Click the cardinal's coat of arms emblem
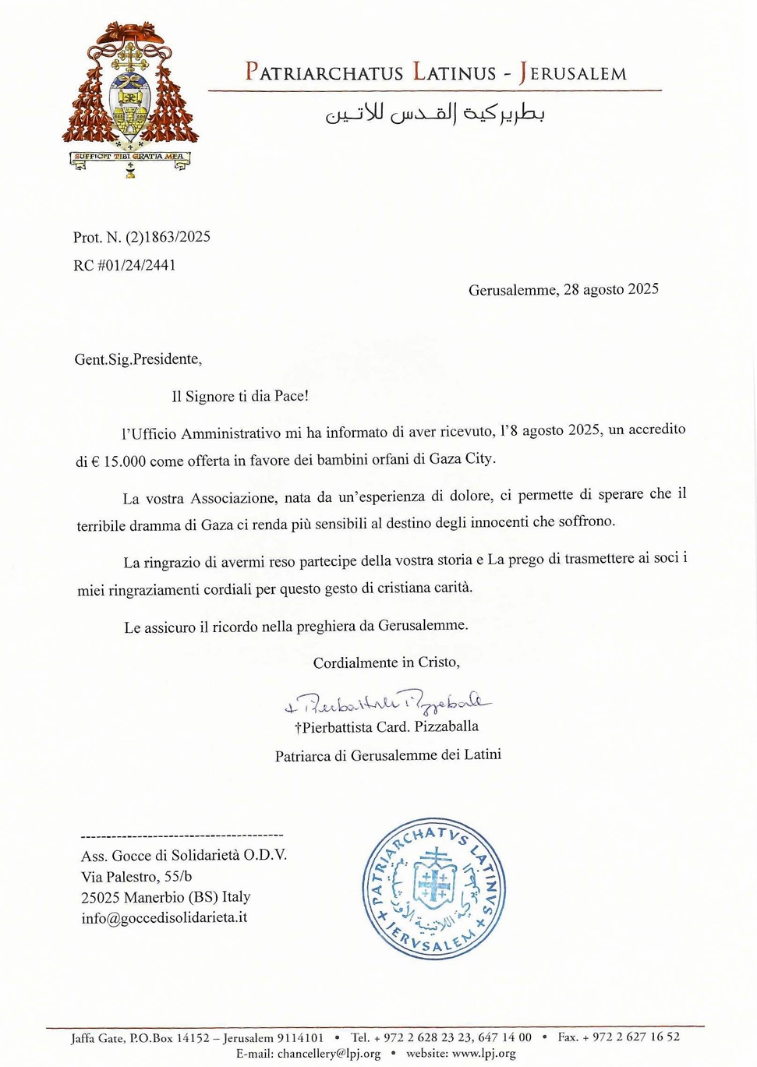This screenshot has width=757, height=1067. [x=130, y=97]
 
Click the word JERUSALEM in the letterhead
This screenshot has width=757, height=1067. [x=573, y=73]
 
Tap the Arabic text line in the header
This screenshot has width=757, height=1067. [x=434, y=114]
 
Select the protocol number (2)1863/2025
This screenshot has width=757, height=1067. [x=168, y=237]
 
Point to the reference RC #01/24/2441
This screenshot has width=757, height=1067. [x=125, y=265]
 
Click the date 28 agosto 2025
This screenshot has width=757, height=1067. [x=610, y=289]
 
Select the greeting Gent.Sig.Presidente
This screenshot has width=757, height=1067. [x=138, y=359]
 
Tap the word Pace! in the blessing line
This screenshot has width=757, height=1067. [x=291, y=396]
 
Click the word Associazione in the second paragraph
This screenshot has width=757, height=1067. [x=233, y=498]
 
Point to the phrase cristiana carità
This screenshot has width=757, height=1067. [x=425, y=588]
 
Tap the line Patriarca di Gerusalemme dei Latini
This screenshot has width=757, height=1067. [x=387, y=755]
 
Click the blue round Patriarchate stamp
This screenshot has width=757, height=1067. [x=434, y=888]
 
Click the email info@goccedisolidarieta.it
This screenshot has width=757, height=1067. [x=164, y=918]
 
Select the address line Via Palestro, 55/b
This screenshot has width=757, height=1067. [x=136, y=876]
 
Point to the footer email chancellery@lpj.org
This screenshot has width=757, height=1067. [x=329, y=1054]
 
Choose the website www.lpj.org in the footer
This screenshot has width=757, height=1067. [x=484, y=1054]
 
